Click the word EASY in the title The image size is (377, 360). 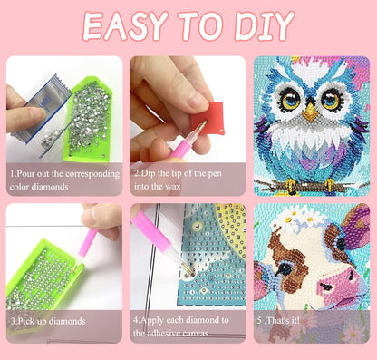pos(125,26)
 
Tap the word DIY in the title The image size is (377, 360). pos(265,26)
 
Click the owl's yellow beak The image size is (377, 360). pos(311,112)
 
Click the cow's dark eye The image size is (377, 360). pos(285,268)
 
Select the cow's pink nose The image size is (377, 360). pos(337,284)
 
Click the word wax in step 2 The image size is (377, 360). pos(172,187)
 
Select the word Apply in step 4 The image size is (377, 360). pos(152,321)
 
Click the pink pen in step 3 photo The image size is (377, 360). pos(86,246)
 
